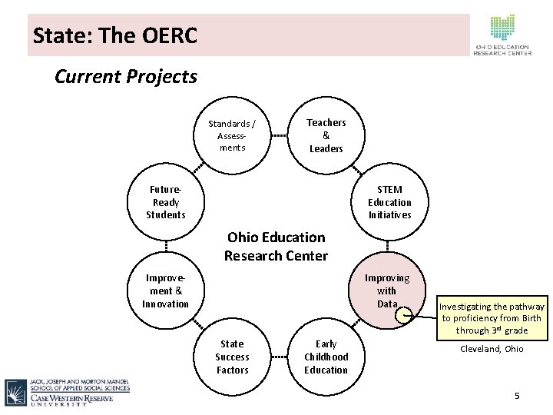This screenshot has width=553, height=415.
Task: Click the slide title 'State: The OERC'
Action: (x=115, y=35)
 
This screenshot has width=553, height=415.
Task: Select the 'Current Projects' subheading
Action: (x=126, y=77)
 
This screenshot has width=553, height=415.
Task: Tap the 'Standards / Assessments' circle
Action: (x=233, y=135)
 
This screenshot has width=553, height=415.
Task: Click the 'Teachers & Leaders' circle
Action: (x=326, y=135)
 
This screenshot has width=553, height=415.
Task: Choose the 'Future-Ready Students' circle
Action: (x=166, y=202)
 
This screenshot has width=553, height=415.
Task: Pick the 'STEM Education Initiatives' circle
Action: (x=389, y=202)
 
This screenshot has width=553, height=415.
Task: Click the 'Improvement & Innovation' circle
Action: (x=166, y=290)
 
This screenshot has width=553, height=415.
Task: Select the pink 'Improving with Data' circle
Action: (x=387, y=290)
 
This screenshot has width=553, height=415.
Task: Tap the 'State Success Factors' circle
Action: (x=232, y=357)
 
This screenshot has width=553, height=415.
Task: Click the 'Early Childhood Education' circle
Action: (x=326, y=357)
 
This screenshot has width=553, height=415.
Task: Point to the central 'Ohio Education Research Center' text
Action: (x=276, y=246)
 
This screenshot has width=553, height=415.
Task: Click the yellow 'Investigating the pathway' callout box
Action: (x=492, y=318)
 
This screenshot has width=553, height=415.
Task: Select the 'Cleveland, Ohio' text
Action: (x=492, y=349)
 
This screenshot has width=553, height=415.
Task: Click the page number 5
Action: (x=517, y=396)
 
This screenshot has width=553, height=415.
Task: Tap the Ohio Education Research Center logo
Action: (x=503, y=35)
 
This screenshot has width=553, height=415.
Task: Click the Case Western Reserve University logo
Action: (x=68, y=392)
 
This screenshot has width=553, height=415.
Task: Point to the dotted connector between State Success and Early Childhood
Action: (x=279, y=357)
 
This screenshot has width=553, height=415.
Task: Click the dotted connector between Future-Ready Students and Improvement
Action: (x=166, y=246)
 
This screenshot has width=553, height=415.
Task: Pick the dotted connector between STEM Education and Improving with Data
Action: (x=389, y=246)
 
